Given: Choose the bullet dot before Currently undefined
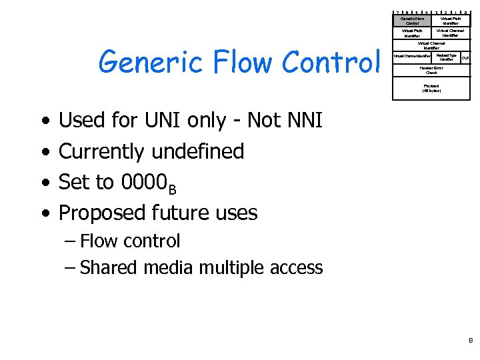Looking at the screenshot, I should (x=45, y=152).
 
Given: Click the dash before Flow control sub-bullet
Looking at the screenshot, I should (x=71, y=241).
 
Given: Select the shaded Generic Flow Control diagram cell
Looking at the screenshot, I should (x=412, y=21).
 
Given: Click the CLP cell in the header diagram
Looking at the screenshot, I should (x=465, y=58).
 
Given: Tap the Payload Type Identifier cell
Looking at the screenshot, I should (x=446, y=58).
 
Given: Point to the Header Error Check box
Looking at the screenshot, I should (x=431, y=70).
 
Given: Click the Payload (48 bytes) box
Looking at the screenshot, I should (x=431, y=87).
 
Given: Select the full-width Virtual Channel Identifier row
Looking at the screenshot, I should (x=431, y=45).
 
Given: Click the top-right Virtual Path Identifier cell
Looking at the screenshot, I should (x=451, y=21).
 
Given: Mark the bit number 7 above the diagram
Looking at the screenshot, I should (x=397, y=12).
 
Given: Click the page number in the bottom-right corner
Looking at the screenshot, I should (x=469, y=340).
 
